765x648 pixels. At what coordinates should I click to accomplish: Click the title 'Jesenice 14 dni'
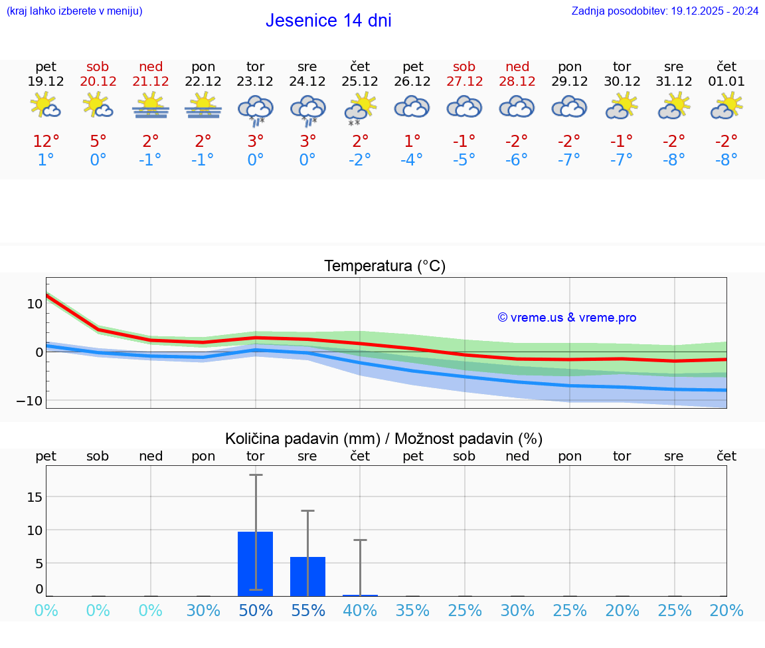pyautogui.click(x=328, y=21)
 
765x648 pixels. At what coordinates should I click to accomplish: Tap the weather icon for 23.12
pyautogui.click(x=256, y=108)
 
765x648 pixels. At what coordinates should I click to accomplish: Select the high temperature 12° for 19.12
pyautogui.click(x=46, y=142)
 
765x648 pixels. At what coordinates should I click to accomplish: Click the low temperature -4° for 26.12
pyautogui.click(x=412, y=160)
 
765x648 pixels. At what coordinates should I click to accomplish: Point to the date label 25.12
pyautogui.click(x=360, y=82)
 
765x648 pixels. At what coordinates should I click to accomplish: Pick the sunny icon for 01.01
pyautogui.click(x=726, y=106)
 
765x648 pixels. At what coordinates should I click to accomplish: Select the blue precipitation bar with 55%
pyautogui.click(x=307, y=576)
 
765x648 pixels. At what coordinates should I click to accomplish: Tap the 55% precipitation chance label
pyautogui.click(x=308, y=610)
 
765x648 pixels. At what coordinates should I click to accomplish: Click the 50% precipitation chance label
pyautogui.click(x=256, y=610)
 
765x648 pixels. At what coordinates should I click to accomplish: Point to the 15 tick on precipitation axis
pyautogui.click(x=35, y=497)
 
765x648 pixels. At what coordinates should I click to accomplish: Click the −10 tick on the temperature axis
pyautogui.click(x=30, y=401)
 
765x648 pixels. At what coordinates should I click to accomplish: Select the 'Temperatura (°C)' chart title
pyautogui.click(x=384, y=267)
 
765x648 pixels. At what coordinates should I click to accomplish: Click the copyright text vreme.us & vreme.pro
pyautogui.click(x=566, y=318)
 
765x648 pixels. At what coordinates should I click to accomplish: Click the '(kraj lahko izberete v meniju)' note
pyautogui.click(x=74, y=11)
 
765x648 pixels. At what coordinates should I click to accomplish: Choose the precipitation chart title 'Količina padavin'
pyautogui.click(x=384, y=439)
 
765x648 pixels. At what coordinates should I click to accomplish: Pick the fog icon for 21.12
pyautogui.click(x=151, y=106)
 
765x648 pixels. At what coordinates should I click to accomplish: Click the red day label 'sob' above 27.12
pyautogui.click(x=464, y=66)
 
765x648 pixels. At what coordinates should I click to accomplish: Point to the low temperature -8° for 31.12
pyautogui.click(x=673, y=160)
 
